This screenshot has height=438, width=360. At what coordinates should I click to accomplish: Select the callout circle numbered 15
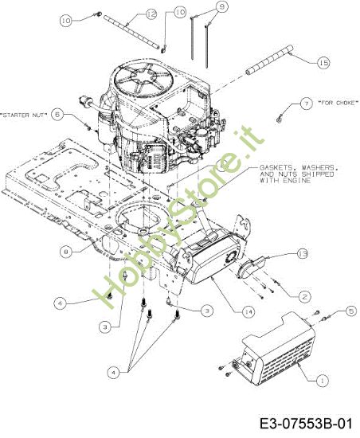(x=323, y=62)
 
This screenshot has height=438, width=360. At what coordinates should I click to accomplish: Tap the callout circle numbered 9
(x=222, y=6)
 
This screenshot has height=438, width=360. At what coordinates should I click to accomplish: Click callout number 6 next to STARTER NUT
(x=57, y=115)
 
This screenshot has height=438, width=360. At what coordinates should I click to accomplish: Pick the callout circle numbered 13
(x=302, y=254)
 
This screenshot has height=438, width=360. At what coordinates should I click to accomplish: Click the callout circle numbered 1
(x=322, y=381)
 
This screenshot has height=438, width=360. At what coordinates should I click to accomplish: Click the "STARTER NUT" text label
(x=24, y=115)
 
